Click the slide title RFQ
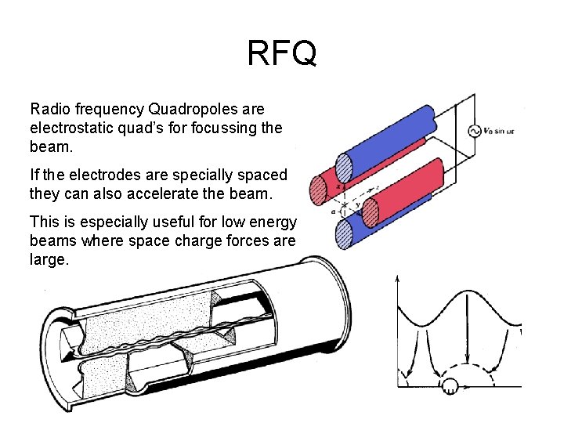(282, 54)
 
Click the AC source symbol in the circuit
(473, 132)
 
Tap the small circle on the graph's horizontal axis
(450, 385)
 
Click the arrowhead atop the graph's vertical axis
(398, 280)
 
